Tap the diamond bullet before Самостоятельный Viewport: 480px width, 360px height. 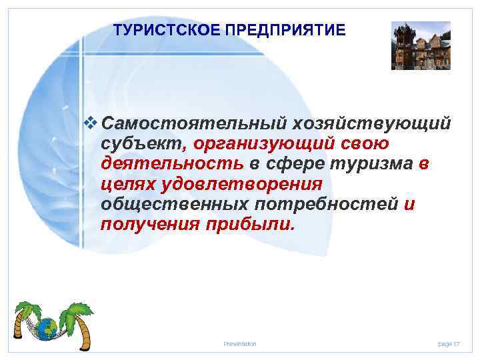click(93, 123)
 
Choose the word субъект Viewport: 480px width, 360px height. click(142, 144)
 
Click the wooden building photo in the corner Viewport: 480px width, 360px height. click(421, 45)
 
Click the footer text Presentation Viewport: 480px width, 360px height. click(240, 344)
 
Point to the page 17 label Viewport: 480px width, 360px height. click(449, 344)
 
